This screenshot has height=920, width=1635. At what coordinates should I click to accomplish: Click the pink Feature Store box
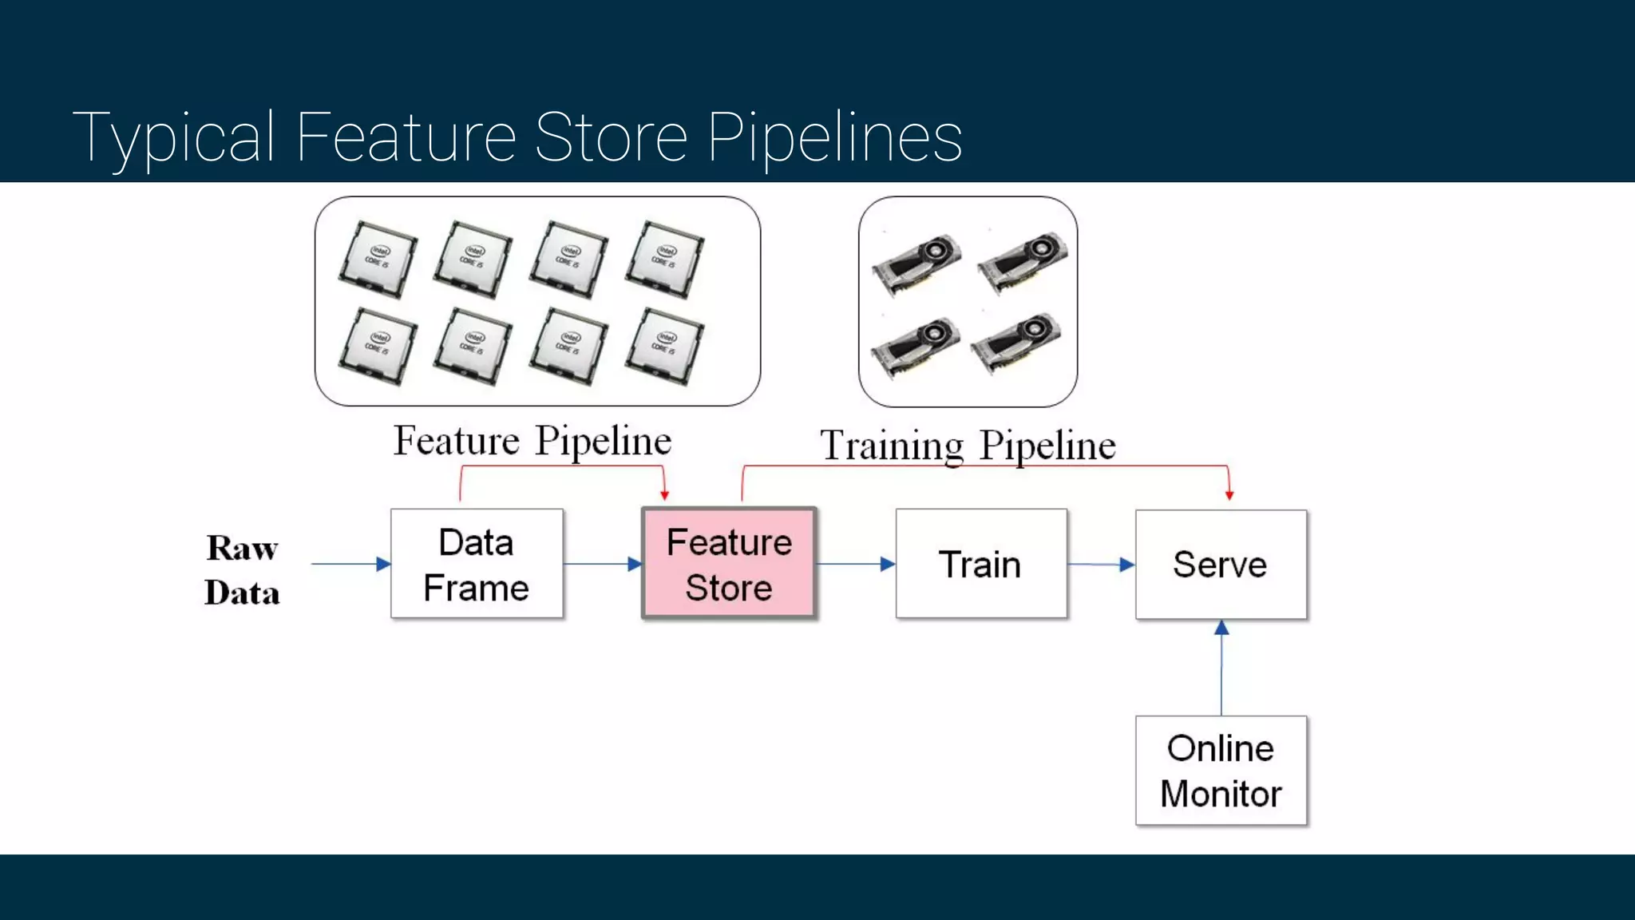click(729, 564)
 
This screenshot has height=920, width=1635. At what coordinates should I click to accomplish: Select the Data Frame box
click(477, 564)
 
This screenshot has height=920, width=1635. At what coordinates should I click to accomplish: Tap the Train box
click(981, 564)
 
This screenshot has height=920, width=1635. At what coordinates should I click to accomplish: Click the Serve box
click(1221, 564)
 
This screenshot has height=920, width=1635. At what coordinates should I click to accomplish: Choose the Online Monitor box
click(1221, 771)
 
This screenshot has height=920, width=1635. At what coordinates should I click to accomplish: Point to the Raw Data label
click(242, 569)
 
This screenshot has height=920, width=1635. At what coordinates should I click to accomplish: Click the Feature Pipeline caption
click(532, 441)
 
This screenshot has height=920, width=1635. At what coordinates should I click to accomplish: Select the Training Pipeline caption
click(968, 446)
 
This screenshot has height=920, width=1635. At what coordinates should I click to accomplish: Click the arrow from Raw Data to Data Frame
click(350, 564)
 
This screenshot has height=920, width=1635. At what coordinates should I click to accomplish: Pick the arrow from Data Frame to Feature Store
click(603, 564)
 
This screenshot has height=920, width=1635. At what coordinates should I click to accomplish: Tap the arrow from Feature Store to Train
click(855, 564)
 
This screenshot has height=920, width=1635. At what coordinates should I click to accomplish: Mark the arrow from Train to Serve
click(1101, 565)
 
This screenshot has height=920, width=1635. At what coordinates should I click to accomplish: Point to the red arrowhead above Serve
click(1229, 495)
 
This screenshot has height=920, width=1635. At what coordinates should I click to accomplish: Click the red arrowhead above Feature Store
click(664, 495)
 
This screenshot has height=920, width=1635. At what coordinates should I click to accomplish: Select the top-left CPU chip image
click(378, 259)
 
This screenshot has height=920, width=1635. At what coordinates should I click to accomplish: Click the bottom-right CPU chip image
click(664, 346)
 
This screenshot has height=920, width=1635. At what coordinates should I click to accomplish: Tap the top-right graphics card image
click(1023, 260)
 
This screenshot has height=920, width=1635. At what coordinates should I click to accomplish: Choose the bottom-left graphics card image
click(915, 346)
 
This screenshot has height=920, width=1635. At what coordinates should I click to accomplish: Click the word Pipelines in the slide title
click(835, 137)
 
